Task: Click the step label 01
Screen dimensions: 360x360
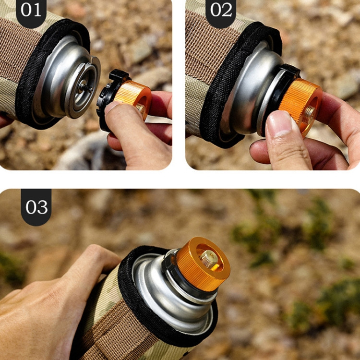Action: (x=31, y=11)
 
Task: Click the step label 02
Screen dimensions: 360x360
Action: (x=221, y=11)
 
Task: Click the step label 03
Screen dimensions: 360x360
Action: (x=36, y=207)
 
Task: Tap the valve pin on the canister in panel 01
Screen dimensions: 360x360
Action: (x=86, y=87)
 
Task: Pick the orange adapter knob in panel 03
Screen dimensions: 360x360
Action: (x=203, y=264)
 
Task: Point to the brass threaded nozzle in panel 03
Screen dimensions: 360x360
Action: (x=209, y=258)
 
